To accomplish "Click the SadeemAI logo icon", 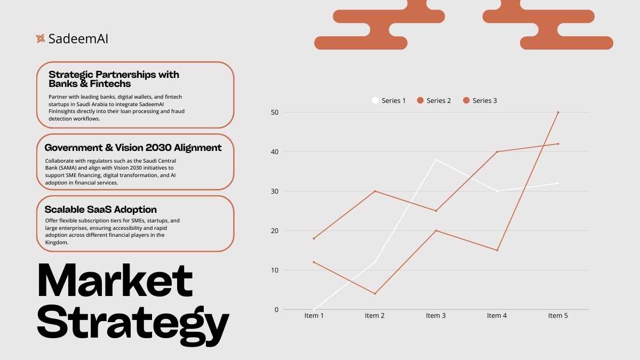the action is (x=41, y=38).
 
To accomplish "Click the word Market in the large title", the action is (x=115, y=281).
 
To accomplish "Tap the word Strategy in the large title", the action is (x=133, y=325).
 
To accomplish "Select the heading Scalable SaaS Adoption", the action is (x=101, y=210).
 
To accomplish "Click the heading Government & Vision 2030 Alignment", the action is (x=133, y=148).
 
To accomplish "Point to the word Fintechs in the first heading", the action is (x=110, y=84).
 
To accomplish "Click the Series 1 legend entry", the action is (x=389, y=101).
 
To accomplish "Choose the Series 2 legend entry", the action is (x=434, y=101).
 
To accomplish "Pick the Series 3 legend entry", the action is (x=480, y=101).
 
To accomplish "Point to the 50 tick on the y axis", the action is (x=275, y=113).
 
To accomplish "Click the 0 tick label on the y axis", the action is (x=276, y=310).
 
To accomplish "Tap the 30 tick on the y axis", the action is (x=275, y=191).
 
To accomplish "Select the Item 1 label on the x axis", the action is (x=314, y=315).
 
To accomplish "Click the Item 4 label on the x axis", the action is (x=497, y=315).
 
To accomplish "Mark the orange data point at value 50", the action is (x=558, y=113).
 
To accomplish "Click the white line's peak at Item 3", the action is (x=436, y=159).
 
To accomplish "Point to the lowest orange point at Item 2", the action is (x=375, y=294).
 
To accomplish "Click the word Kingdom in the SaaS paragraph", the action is (x=57, y=243).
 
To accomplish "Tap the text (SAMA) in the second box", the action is (x=67, y=167).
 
